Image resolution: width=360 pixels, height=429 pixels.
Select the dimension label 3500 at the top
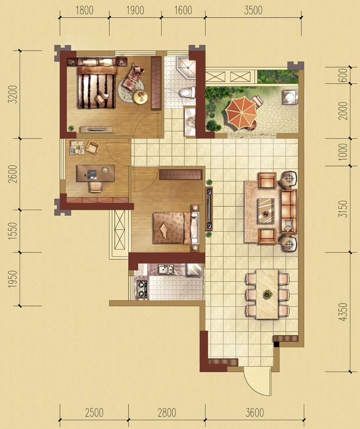(x=253, y=10)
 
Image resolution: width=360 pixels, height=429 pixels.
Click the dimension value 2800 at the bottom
(x=167, y=413)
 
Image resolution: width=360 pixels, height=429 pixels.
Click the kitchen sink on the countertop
(x=165, y=269)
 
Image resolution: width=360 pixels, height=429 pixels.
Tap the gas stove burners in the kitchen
(x=142, y=289)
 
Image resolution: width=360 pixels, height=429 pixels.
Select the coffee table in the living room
(x=266, y=211)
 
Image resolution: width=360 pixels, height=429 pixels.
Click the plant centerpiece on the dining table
(x=268, y=294)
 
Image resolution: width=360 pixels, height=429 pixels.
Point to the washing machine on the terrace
(x=290, y=97)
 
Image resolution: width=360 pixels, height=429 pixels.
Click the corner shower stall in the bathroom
(x=186, y=68)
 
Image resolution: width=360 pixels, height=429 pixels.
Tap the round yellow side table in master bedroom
(x=140, y=96)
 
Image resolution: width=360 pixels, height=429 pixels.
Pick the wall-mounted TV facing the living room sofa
(x=210, y=208)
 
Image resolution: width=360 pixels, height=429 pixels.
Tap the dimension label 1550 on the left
(x=12, y=231)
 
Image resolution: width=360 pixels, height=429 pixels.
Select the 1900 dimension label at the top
(x=135, y=10)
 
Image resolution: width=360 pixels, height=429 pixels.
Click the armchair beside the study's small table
(x=92, y=147)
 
